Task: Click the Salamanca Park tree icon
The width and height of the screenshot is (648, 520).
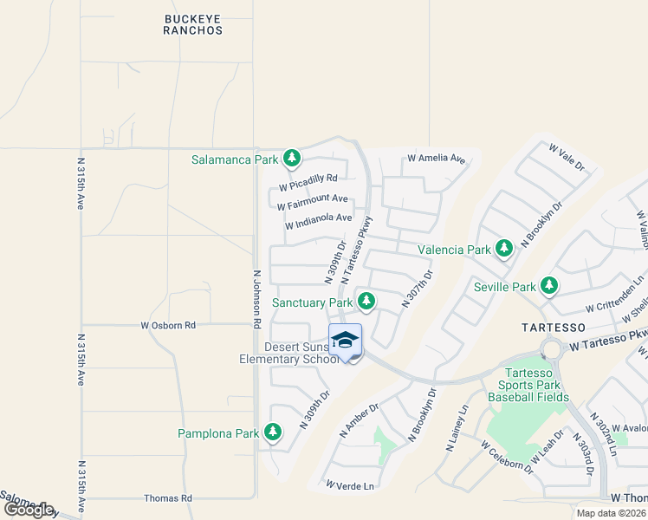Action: [292, 159]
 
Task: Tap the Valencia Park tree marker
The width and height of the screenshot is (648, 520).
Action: [504, 250]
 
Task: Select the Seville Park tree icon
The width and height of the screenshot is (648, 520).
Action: [548, 286]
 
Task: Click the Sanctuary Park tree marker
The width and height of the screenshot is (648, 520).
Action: [366, 302]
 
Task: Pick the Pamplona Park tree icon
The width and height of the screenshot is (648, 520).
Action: [272, 432]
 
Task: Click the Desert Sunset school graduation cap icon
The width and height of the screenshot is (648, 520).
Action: [345, 340]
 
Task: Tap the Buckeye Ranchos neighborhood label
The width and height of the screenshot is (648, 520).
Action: [192, 23]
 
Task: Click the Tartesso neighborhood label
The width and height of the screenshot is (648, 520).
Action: [554, 328]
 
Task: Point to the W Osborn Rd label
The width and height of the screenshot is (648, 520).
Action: [168, 325]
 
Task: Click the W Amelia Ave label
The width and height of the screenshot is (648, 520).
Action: [436, 159]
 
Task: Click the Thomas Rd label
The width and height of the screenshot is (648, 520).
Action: [167, 498]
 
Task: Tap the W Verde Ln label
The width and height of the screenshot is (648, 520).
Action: [350, 486]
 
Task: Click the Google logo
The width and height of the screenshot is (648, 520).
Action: [29, 510]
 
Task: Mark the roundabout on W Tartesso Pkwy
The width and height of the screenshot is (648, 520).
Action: [551, 349]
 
